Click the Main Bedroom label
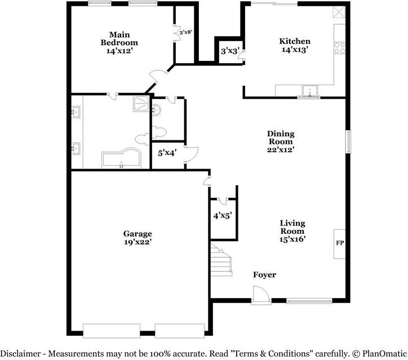119,38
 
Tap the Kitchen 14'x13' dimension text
295,50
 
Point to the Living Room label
292,227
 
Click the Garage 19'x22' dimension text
138,242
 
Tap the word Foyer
264,274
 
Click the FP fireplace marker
340,243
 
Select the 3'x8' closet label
186,32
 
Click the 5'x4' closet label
167,152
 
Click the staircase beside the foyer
222,260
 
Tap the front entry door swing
260,294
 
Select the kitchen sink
309,91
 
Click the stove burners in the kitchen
340,48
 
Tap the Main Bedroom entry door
157,77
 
